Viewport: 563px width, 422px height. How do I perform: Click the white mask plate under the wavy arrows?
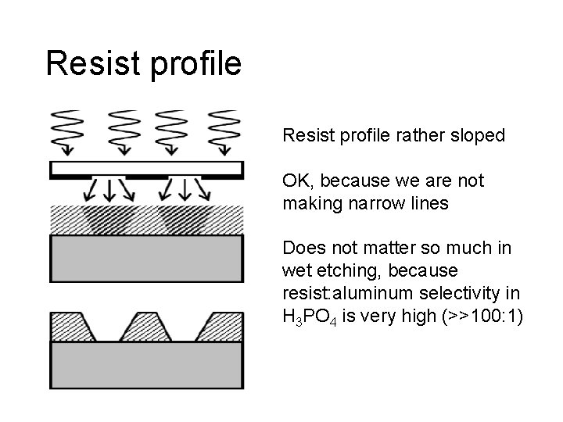click(x=145, y=167)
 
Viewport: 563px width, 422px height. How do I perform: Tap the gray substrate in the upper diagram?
click(x=146, y=252)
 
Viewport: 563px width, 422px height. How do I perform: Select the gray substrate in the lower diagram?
click(x=146, y=364)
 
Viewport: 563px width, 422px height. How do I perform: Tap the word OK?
click(x=296, y=181)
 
